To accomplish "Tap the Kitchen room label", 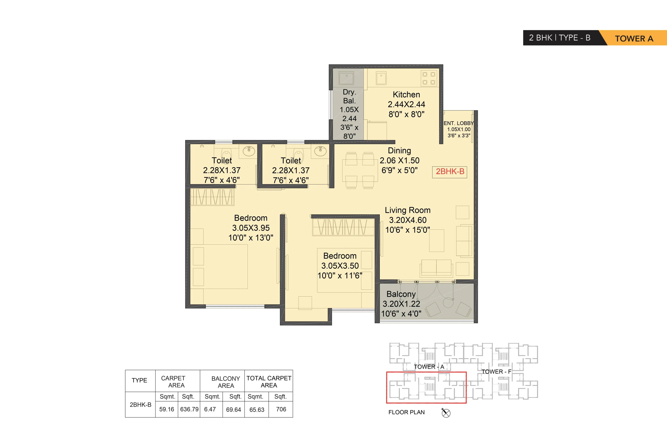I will [406, 95].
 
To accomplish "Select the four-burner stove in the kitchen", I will [429, 78].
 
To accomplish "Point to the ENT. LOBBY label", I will [458, 123].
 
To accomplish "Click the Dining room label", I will [399, 150].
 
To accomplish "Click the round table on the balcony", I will [448, 303].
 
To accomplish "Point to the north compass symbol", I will [446, 413].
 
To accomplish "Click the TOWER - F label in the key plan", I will [496, 372].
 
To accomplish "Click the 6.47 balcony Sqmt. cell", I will [210, 409].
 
